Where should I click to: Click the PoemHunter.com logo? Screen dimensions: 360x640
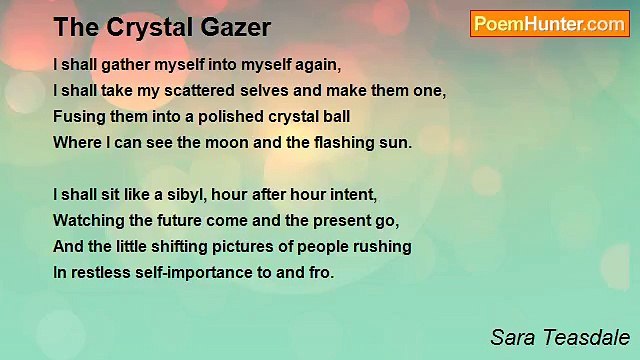tap(550, 24)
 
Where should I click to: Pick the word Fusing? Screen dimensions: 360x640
tap(77, 116)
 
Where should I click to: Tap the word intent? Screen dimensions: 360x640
tap(356, 194)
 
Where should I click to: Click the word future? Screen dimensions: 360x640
tap(183, 220)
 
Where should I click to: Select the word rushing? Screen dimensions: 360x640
tap(385, 246)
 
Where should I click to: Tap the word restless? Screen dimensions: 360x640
tap(102, 272)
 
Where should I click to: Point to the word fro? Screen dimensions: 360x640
tap(321, 272)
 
